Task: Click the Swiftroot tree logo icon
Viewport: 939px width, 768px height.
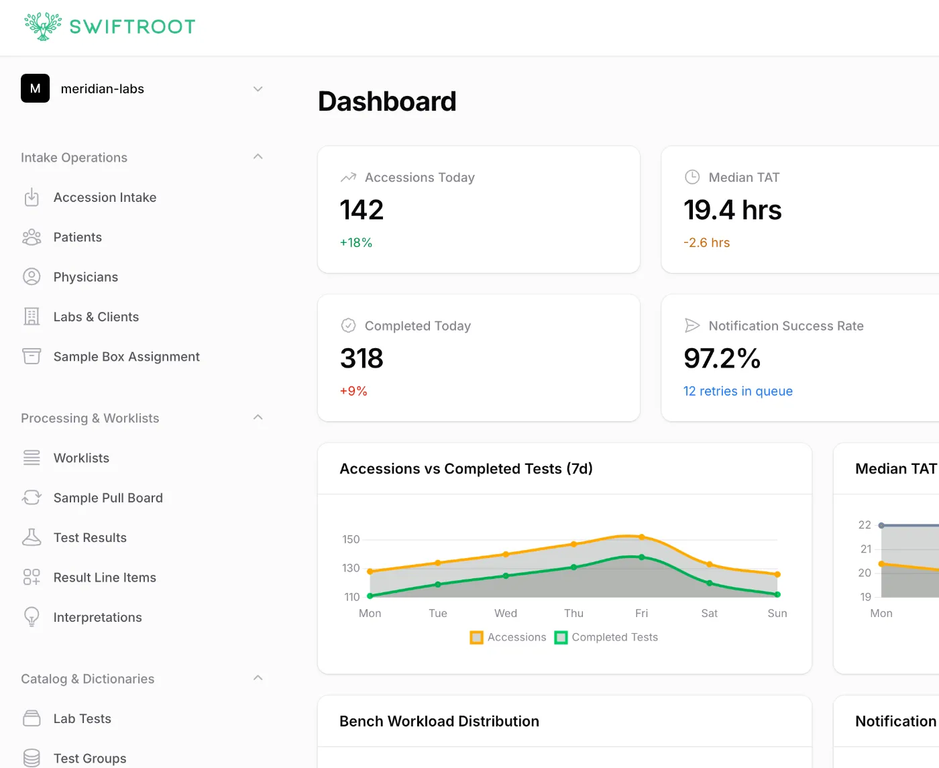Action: coord(43,27)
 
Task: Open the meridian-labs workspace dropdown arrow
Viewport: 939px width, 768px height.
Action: coord(258,89)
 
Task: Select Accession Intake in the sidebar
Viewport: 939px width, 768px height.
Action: coord(105,197)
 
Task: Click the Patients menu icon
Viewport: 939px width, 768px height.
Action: coord(32,237)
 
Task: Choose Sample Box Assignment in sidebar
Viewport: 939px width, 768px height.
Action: coord(126,357)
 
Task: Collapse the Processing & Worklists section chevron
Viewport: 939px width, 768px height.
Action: coord(258,417)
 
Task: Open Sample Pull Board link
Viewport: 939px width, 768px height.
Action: coord(108,498)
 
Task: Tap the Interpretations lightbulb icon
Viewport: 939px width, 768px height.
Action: coord(32,617)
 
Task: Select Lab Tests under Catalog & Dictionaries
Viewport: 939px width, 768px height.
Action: coord(82,718)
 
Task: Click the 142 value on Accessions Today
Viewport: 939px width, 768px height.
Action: coord(362,210)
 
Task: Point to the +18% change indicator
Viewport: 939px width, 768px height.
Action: coord(356,243)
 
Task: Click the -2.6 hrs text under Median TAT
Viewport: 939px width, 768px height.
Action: coord(706,243)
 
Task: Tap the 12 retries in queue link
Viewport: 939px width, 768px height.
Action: coord(738,391)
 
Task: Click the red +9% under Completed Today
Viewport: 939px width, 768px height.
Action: coord(353,391)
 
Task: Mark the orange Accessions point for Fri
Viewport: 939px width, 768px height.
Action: coord(642,537)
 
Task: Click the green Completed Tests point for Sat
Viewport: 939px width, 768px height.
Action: coord(710,583)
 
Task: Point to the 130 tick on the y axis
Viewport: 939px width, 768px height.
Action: coord(351,568)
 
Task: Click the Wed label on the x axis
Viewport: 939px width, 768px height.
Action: coord(506,613)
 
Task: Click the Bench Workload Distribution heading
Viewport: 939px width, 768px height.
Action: coord(439,721)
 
